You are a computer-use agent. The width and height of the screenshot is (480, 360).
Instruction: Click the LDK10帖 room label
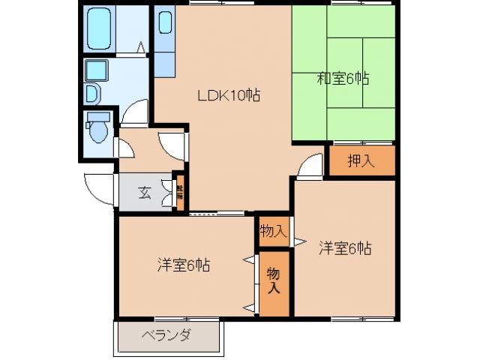click(229, 96)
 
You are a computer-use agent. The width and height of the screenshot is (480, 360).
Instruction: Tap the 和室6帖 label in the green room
click(343, 78)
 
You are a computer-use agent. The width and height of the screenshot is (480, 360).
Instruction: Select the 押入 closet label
click(361, 160)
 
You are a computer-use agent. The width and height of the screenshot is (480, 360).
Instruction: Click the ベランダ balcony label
click(166, 335)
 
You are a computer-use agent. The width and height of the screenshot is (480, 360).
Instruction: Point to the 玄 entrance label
click(144, 192)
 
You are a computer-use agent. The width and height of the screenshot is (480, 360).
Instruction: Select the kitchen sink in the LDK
click(165, 25)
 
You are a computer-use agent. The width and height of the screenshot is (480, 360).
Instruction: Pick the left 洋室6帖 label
click(183, 265)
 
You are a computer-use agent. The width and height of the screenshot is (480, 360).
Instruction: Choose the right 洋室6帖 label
click(345, 247)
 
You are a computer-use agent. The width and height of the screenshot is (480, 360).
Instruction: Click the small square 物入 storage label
click(273, 230)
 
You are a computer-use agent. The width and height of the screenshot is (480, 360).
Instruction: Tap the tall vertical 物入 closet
click(274, 283)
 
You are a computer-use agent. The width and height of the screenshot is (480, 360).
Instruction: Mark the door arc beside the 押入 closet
click(310, 169)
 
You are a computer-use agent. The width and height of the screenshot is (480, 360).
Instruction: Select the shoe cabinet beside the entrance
click(180, 192)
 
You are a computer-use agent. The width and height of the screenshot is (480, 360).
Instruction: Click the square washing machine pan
click(95, 70)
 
